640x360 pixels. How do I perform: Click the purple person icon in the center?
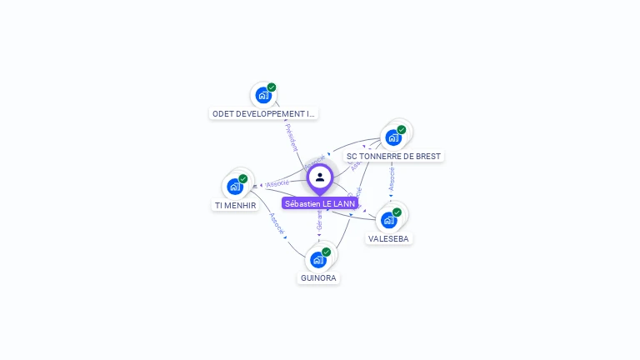[320, 177]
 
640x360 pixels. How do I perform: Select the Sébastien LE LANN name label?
[320, 203]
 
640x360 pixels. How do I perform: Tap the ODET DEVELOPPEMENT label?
[264, 113]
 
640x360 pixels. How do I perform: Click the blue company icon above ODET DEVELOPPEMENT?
[263, 95]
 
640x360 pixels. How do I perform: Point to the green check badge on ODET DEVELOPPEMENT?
[272, 87]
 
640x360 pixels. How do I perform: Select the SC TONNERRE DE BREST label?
[393, 156]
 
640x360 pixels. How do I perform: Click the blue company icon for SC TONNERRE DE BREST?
[393, 137]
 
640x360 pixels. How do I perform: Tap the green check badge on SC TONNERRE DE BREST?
[402, 130]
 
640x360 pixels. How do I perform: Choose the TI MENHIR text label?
[235, 205]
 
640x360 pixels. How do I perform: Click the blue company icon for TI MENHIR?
[235, 186]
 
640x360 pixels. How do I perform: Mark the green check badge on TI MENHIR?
[243, 178]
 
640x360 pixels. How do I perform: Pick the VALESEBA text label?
[389, 238]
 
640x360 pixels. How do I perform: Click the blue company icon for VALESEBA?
[388, 220]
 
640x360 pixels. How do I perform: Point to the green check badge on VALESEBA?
[397, 212]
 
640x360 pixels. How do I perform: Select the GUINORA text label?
[319, 278]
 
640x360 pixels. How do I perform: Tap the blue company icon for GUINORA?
[318, 259]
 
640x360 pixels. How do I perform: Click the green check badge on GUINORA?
[327, 252]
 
